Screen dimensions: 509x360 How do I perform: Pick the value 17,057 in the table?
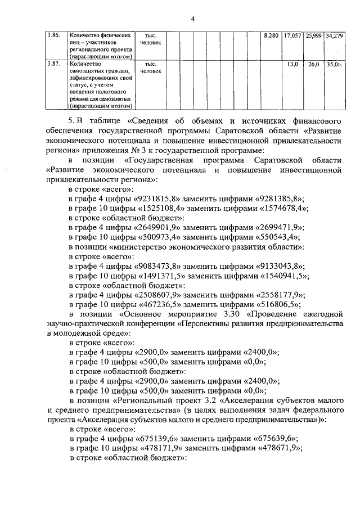pyautogui.click(x=292, y=35)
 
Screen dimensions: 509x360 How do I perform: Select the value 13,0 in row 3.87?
pyautogui.click(x=292, y=64)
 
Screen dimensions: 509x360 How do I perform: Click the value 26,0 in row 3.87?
pyautogui.click(x=313, y=64)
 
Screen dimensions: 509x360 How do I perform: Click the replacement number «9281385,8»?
pyautogui.click(x=279, y=198)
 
